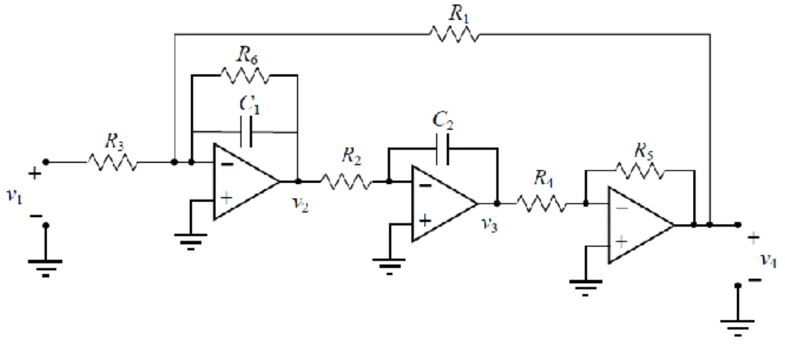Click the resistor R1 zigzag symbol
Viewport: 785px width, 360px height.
[x=454, y=35]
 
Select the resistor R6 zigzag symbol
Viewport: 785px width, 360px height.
[x=245, y=75]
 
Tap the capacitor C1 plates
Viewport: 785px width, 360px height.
[x=246, y=132]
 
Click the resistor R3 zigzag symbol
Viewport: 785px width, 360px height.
[x=112, y=162]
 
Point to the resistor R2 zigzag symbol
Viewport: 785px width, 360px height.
[x=346, y=182]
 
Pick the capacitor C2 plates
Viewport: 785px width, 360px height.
[x=442, y=149]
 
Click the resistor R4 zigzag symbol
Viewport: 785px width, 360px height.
[x=541, y=204]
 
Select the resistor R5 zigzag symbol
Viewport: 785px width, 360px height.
[x=640, y=171]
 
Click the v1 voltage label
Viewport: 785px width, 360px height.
[x=14, y=196]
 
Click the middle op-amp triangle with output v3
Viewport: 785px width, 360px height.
[x=444, y=204]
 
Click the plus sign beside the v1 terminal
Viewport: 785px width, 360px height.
[x=34, y=174]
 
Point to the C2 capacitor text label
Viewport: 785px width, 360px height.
[x=442, y=122]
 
